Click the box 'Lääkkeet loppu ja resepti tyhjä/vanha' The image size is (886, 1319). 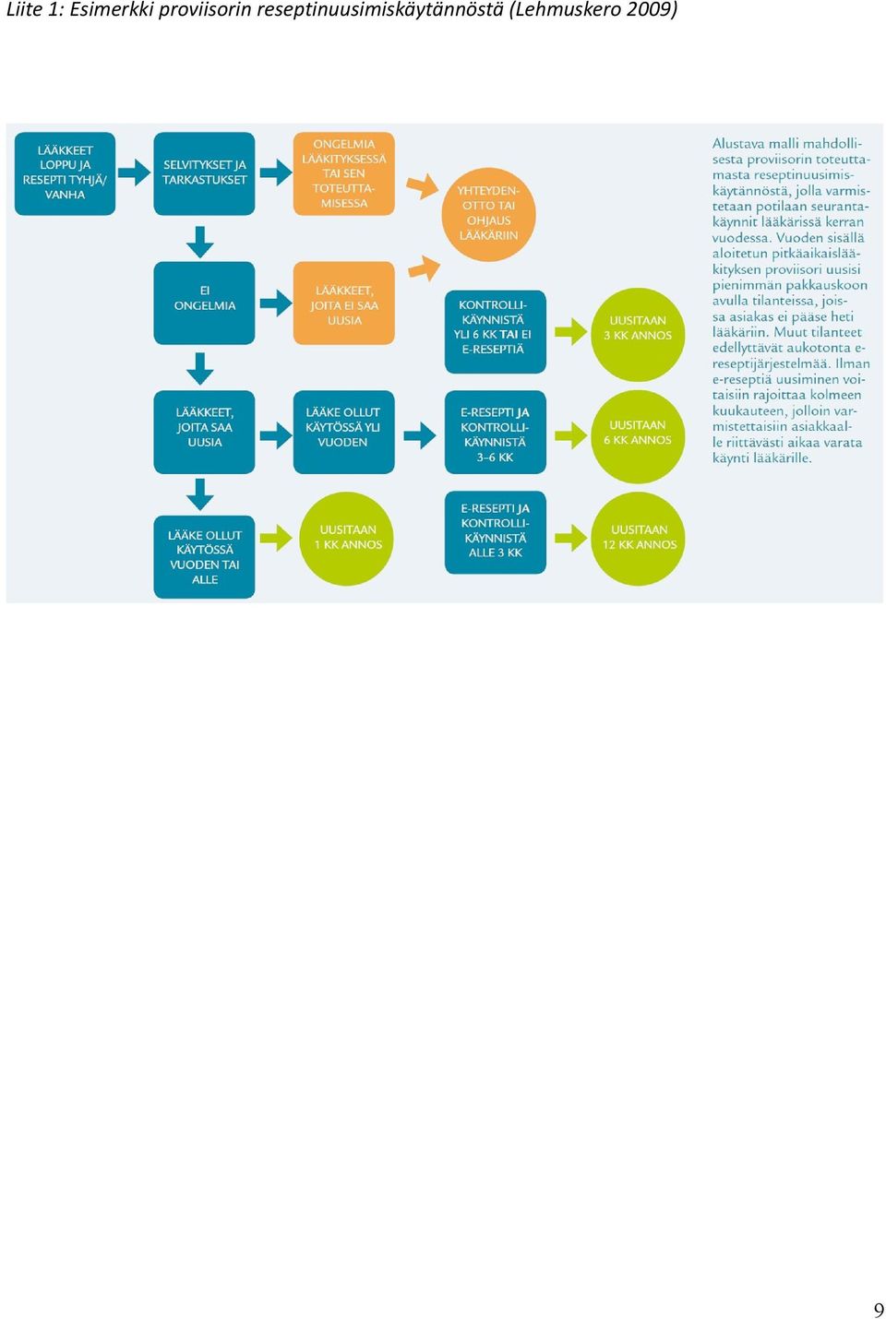coord(65,173)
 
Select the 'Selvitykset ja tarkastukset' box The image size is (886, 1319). coord(204,173)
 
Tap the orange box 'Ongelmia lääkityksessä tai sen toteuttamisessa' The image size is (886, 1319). coord(343,173)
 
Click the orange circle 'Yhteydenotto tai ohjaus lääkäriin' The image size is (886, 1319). coord(488,214)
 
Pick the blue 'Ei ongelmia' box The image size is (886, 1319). coord(204,303)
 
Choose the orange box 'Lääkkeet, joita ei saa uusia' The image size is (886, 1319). coord(343,303)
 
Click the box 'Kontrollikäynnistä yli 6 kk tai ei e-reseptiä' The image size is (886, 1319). coord(495,331)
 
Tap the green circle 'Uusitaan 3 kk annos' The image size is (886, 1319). coord(638,334)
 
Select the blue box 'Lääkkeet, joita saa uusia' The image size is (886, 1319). coord(204,432)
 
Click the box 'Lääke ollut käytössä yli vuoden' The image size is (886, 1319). coord(343,432)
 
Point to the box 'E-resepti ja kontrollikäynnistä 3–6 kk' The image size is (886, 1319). coord(495,432)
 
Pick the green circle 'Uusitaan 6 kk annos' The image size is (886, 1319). coord(638,436)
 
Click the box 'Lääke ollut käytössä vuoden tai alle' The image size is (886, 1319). coord(204,556)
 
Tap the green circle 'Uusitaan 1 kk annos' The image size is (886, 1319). coord(347,538)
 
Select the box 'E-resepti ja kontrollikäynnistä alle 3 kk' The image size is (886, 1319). coord(495,531)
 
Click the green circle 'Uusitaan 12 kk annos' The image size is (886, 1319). coord(638,538)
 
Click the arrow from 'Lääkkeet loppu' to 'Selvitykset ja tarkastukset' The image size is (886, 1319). coord(135,172)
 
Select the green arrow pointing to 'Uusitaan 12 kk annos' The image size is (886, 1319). coord(571,538)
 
